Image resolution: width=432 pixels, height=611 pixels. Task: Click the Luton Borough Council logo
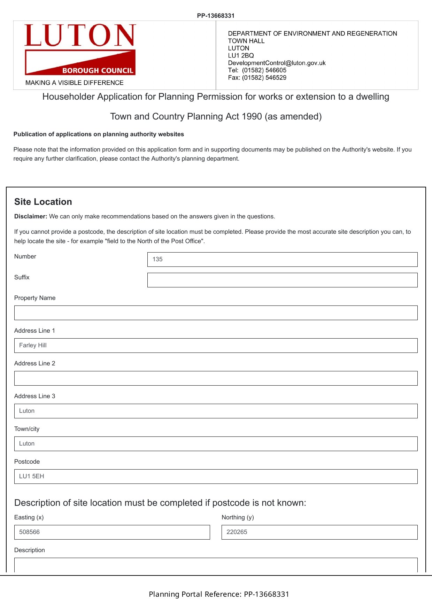coord(80,49)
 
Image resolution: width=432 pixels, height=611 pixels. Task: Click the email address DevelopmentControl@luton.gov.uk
coord(277,63)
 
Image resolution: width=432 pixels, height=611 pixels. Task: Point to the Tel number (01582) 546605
coord(264,70)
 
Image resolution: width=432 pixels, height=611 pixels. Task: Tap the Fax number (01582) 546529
coord(264,78)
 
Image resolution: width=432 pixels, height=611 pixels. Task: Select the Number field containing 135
coord(282,260)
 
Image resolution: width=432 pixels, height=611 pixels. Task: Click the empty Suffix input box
coord(282,280)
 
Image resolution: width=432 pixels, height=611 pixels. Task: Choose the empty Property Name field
coord(216,313)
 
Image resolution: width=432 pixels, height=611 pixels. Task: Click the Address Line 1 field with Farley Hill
coord(216,346)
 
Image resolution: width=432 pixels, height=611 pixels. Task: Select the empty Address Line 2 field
coord(216,378)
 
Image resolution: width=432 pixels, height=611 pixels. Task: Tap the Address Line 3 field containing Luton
coord(216,411)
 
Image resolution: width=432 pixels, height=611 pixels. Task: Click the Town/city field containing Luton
coord(216,444)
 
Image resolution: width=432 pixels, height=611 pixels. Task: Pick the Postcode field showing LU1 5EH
coord(216,477)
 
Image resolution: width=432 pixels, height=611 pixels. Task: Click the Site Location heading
coord(43,202)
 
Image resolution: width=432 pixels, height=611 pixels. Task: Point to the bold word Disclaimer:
coord(31,217)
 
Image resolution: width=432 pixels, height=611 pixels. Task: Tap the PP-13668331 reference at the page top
coord(216,16)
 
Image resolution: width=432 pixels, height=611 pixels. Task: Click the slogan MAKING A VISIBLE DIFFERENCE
coord(75,83)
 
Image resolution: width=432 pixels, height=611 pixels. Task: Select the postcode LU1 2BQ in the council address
coord(241,56)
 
